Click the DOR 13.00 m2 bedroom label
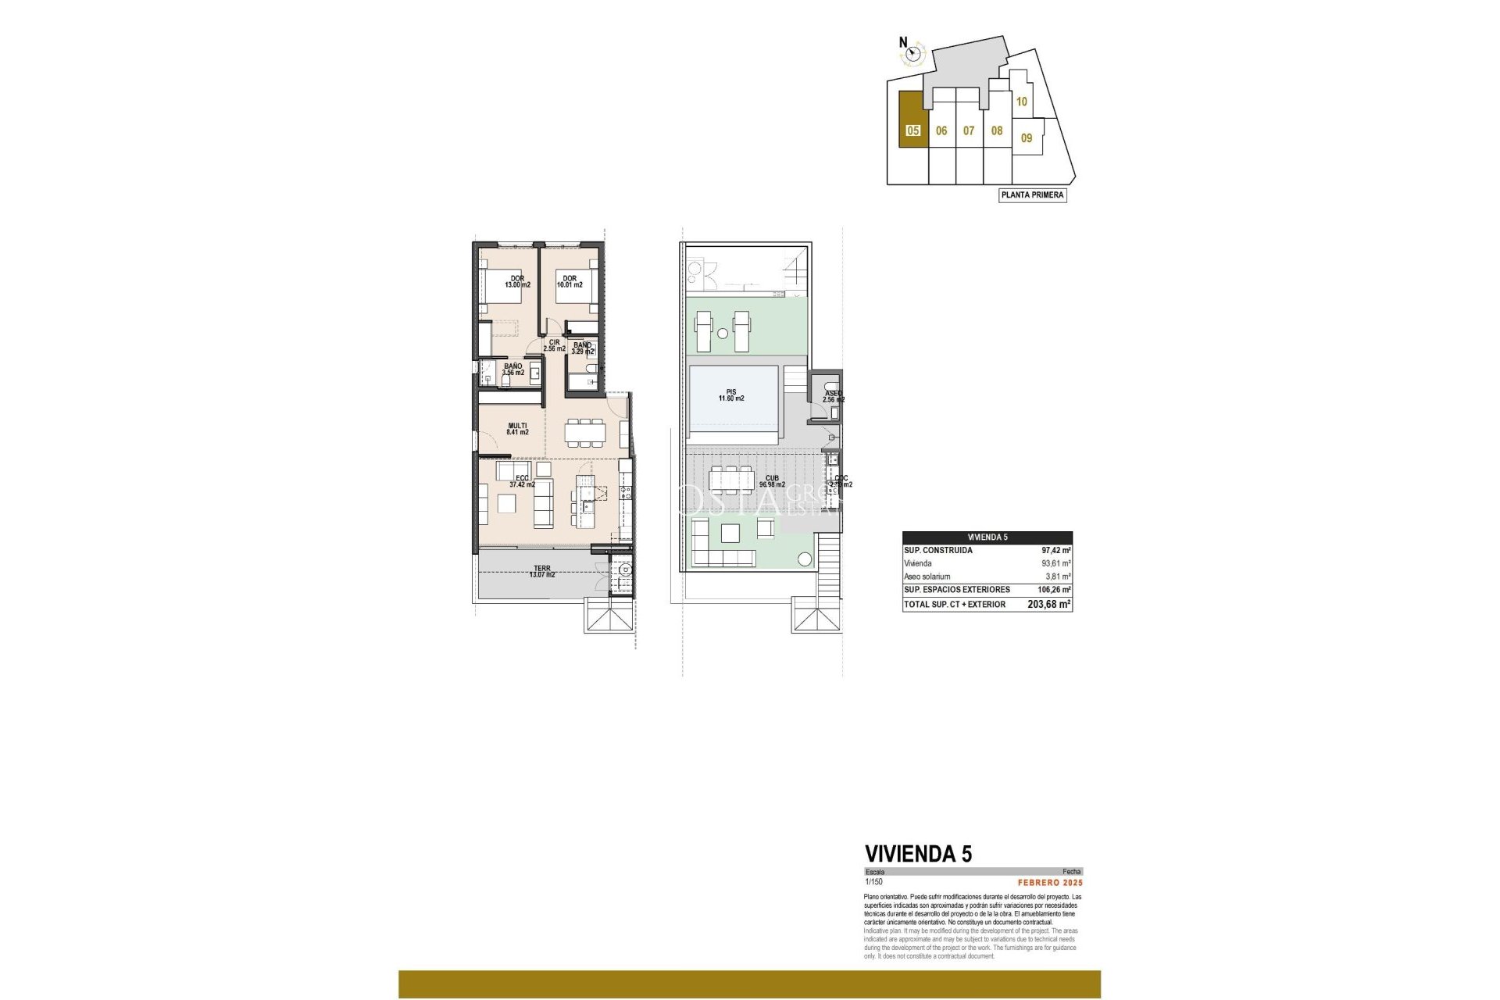click(517, 281)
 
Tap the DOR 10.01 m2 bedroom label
click(570, 281)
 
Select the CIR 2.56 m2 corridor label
click(554, 345)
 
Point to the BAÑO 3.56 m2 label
click(513, 370)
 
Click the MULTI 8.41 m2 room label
click(517, 429)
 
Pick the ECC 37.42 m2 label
click(522, 481)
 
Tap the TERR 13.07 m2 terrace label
click(542, 572)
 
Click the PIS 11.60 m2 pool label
click(731, 395)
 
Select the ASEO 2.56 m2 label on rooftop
click(833, 397)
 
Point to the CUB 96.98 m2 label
click(772, 481)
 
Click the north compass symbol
click(912, 54)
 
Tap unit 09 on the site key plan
click(1027, 137)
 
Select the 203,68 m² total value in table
click(1048, 604)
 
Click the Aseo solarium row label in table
click(927, 577)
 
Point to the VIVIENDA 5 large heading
click(918, 854)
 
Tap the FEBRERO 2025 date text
click(1050, 883)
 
